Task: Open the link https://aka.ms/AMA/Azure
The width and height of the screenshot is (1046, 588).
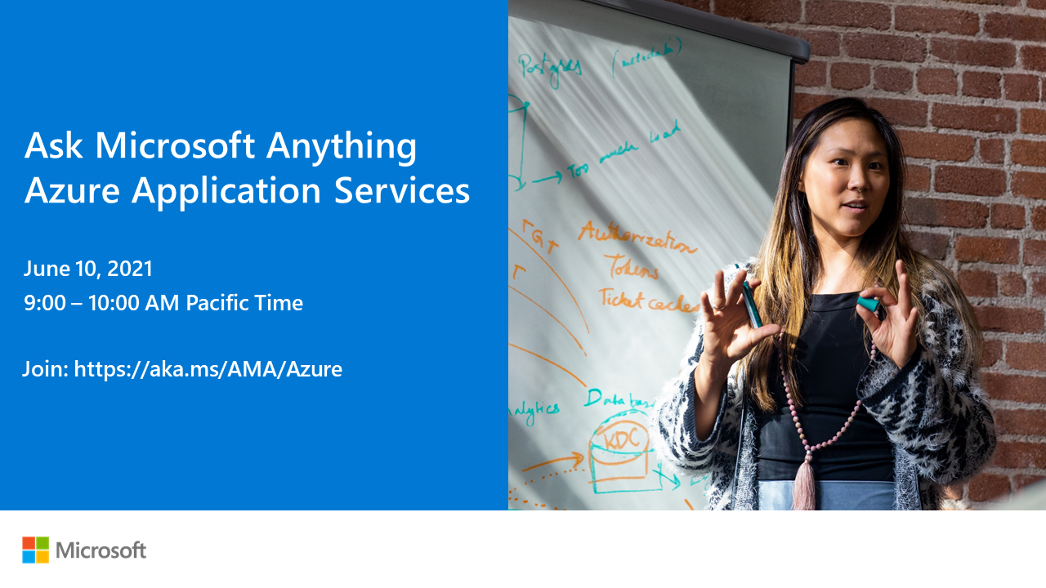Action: point(208,369)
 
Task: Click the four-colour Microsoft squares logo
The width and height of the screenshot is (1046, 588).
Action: point(35,550)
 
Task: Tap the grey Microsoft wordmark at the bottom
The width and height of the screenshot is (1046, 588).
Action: point(101,550)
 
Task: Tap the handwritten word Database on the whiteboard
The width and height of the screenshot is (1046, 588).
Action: point(619,399)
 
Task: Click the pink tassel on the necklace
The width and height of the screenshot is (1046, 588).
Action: point(804,485)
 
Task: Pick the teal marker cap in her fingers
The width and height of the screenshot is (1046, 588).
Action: point(869,304)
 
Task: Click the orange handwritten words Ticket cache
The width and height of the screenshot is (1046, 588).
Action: point(649,301)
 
